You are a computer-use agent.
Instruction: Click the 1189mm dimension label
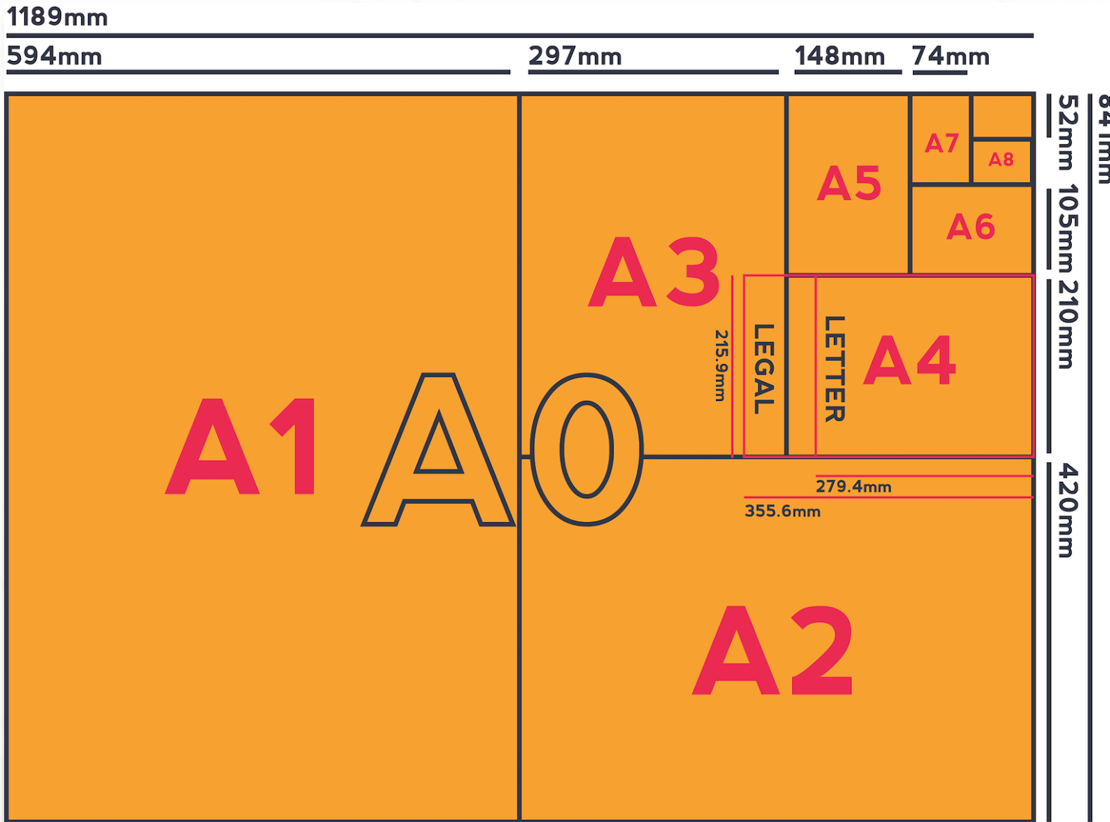point(57,17)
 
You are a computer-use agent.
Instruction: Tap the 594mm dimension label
point(54,55)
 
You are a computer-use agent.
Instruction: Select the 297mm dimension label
point(575,55)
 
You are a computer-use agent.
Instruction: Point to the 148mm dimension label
point(839,55)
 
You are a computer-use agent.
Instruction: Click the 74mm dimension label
point(950,55)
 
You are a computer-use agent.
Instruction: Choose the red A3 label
point(654,271)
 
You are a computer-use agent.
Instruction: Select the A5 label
point(849,183)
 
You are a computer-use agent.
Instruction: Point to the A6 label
point(971,227)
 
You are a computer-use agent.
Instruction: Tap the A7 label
point(941,144)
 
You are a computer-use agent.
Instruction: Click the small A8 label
point(1001,160)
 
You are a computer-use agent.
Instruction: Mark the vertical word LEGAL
point(764,368)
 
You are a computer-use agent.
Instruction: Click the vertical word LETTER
point(834,368)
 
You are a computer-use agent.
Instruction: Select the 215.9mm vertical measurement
point(721,365)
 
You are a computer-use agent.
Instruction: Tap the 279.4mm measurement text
point(853,486)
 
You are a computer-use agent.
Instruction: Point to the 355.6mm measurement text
point(783,511)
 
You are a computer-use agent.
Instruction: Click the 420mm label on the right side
point(1068,511)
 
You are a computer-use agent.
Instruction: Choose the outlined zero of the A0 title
point(587,449)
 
